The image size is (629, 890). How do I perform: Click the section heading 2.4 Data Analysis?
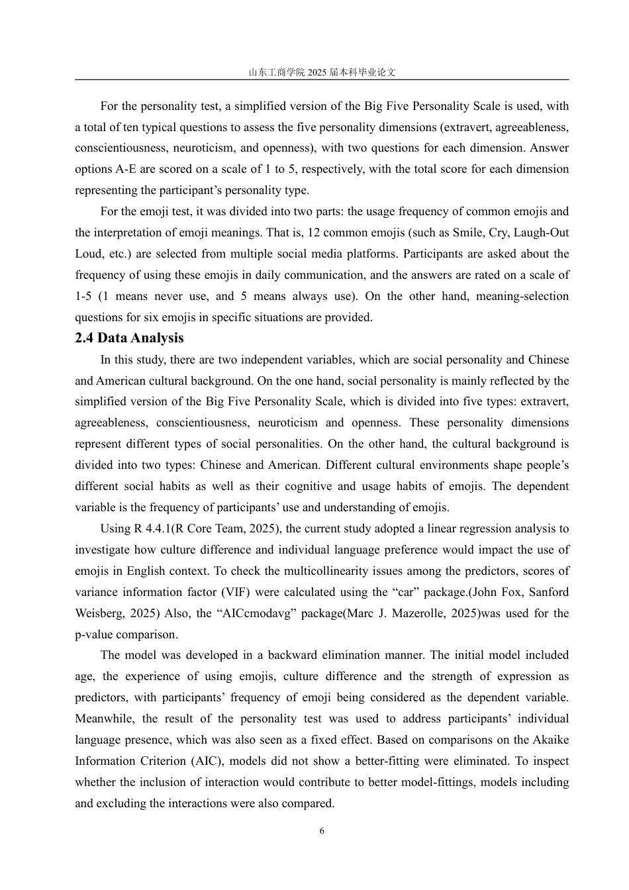point(129,338)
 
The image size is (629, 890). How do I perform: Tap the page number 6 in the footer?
point(322,831)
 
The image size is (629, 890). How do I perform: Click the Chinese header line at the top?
point(322,72)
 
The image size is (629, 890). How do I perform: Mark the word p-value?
point(94,634)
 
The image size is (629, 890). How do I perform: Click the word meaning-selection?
point(523,296)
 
